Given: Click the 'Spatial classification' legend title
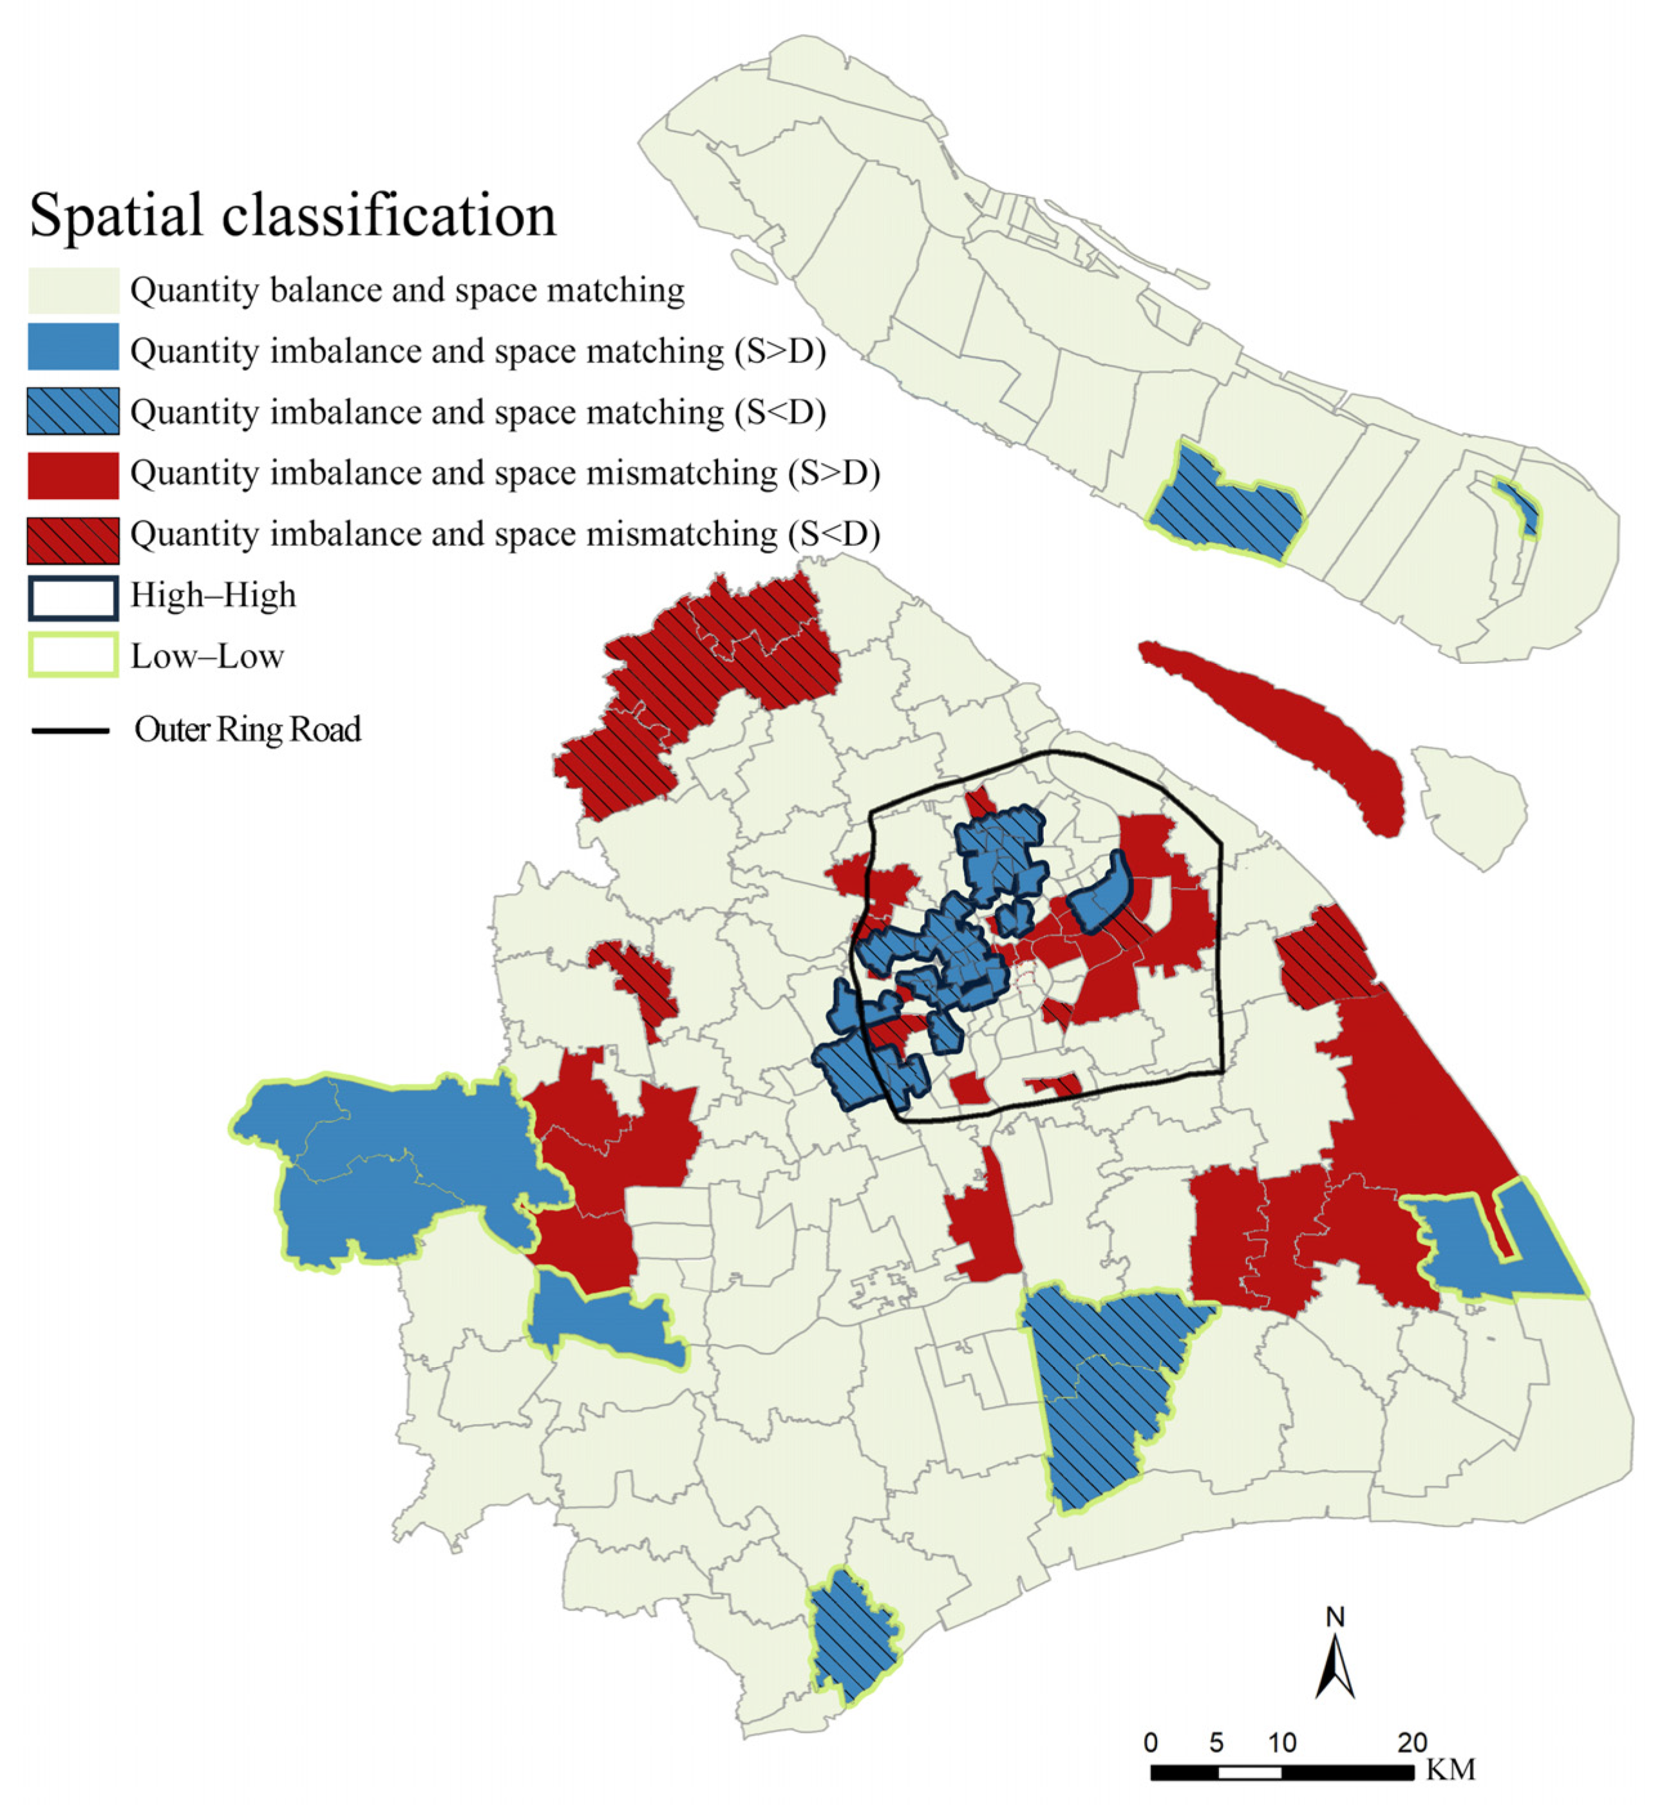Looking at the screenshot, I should tap(293, 216).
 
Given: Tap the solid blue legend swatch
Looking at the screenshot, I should tap(73, 347).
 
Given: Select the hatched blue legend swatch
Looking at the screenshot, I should tap(73, 411).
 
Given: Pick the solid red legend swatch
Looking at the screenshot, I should tap(73, 475).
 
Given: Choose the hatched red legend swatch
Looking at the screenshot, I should tap(73, 540).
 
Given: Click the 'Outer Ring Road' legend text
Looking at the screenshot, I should tap(248, 730).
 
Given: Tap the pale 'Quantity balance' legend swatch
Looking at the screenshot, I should tap(73, 290).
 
